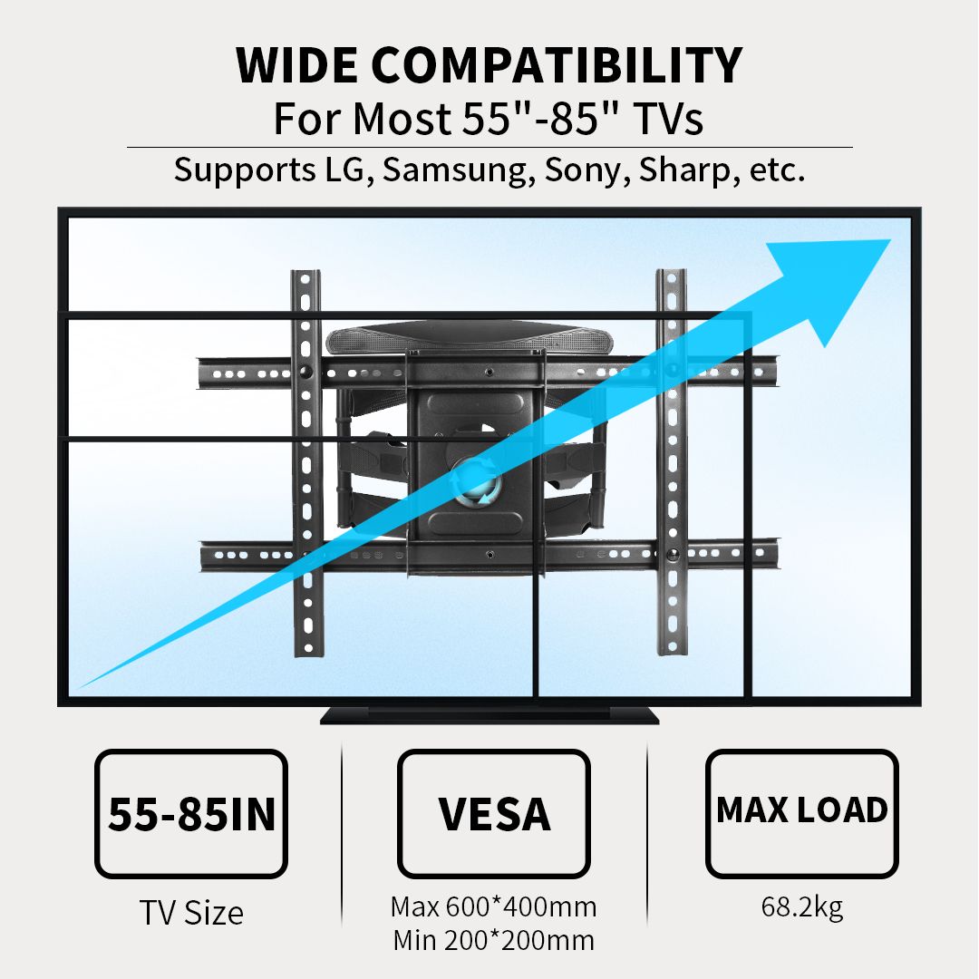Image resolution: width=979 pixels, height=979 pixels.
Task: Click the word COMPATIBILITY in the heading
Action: click(557, 65)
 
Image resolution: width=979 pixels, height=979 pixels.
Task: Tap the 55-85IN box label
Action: click(191, 814)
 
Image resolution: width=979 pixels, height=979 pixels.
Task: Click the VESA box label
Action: click(494, 814)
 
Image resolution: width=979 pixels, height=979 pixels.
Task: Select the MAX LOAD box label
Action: click(801, 809)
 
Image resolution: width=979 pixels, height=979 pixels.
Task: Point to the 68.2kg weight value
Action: click(801, 907)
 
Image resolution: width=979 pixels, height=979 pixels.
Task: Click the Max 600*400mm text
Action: click(493, 906)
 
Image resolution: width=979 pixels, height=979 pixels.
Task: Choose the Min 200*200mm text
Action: click(493, 940)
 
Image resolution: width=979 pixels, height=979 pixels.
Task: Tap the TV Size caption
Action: click(191, 913)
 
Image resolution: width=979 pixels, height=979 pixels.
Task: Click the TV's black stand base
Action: click(489, 715)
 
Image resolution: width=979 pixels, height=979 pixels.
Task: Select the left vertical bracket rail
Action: click(306, 463)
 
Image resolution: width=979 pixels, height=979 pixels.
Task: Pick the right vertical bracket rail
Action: click(672, 462)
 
